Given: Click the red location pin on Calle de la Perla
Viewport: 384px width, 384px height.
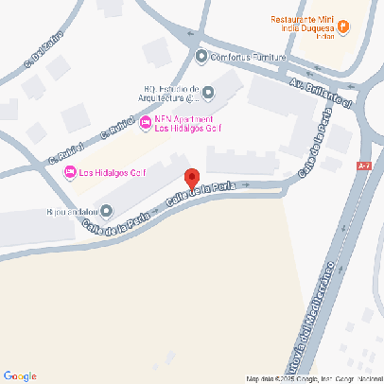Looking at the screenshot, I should tap(191, 178).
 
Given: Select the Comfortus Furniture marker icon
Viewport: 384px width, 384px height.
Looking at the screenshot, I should tap(201, 56).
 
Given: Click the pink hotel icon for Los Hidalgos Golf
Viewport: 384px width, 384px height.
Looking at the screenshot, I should tap(69, 171).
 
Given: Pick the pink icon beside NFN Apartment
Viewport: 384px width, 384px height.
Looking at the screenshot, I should tap(145, 123).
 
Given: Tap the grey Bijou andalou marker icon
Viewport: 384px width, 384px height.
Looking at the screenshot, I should tap(106, 211).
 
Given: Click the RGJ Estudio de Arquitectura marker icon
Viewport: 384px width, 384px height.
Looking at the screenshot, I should tap(208, 93).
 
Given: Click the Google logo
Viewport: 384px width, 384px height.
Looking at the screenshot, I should tap(20, 375).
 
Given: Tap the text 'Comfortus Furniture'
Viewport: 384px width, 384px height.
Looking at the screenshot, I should tap(248, 57).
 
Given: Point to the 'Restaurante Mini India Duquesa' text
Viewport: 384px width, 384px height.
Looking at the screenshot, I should tap(303, 23).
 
